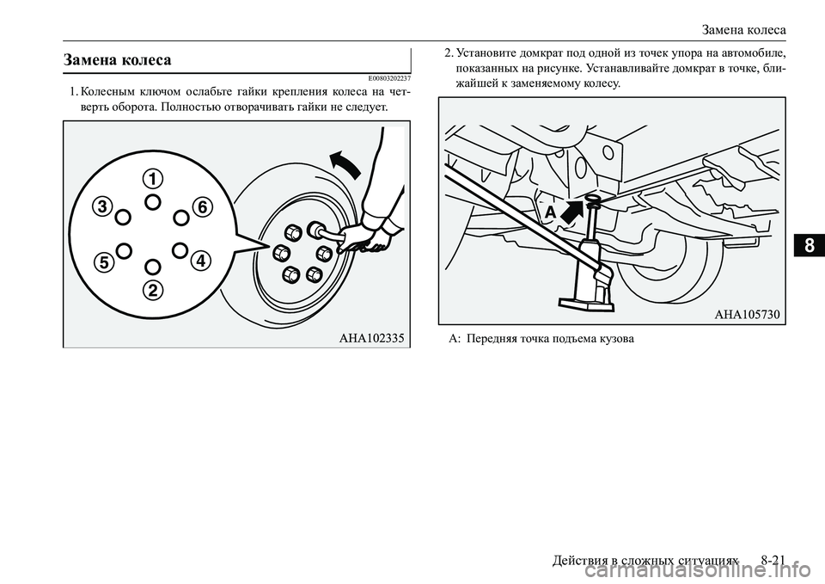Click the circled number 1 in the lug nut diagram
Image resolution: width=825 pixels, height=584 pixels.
coord(152,179)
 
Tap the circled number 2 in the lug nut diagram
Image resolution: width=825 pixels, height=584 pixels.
coord(152,290)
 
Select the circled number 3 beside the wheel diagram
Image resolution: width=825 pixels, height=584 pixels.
coord(104,207)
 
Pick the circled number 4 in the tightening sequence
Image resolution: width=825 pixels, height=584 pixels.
coord(200,260)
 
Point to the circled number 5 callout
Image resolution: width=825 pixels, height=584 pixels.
coord(105,261)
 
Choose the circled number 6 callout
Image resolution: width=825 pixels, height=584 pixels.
coord(202,207)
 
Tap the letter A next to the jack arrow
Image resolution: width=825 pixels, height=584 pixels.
coord(550,212)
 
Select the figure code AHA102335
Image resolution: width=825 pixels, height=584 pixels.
coord(371,338)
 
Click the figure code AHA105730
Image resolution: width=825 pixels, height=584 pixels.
coord(747,315)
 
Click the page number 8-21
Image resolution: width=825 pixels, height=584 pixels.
coord(773,560)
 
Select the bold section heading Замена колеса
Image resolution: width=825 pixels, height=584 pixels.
coord(118,59)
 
